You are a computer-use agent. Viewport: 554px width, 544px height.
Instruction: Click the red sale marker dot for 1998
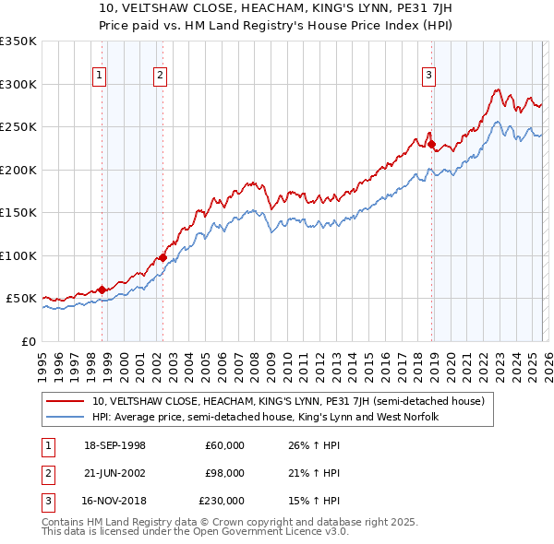click(102, 290)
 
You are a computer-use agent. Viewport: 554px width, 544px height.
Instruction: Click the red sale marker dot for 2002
click(163, 258)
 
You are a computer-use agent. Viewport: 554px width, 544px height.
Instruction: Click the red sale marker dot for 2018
click(431, 144)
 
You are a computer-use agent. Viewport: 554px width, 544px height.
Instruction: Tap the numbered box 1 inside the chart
click(99, 77)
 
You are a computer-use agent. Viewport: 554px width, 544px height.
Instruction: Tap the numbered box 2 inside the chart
click(160, 77)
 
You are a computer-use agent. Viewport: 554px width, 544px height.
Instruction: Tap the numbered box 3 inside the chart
click(428, 77)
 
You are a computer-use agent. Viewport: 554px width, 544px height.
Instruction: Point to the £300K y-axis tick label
click(18, 84)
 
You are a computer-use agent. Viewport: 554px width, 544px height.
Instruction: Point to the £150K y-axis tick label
click(18, 213)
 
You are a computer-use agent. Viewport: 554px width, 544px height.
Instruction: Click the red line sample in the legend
click(66, 401)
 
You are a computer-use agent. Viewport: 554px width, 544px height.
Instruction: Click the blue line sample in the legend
click(66, 418)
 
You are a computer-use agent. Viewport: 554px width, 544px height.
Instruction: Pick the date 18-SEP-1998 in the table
click(114, 446)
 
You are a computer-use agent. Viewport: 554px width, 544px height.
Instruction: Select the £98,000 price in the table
click(224, 473)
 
